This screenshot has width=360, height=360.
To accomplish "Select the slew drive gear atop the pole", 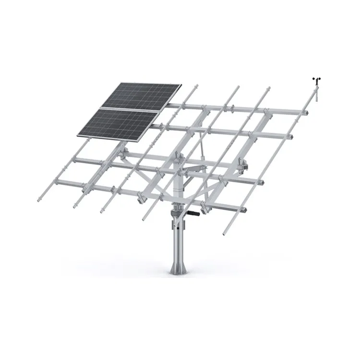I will (178, 211).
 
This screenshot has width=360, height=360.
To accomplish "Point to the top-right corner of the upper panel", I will (181, 86).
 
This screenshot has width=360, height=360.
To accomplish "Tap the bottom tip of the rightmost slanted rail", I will (224, 235).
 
